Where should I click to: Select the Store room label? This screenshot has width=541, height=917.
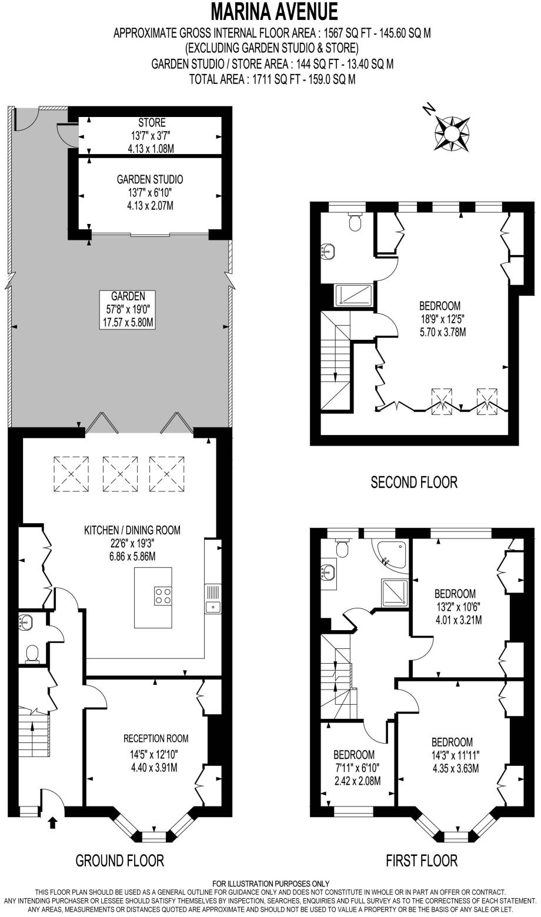pos(152,123)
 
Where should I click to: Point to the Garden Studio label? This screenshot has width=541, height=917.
pos(152,179)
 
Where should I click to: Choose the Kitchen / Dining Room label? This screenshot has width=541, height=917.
pos(132,530)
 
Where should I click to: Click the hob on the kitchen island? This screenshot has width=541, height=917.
pos(163,596)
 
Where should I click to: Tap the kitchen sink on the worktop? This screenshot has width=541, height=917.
pos(213,606)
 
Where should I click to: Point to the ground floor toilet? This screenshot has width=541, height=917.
pos(33,653)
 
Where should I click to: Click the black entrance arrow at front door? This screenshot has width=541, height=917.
pos(53,822)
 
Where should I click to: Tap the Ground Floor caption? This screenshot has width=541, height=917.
pos(119,861)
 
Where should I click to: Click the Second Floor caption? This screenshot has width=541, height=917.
pos(414,483)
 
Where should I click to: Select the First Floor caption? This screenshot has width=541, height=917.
pos(421,861)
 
